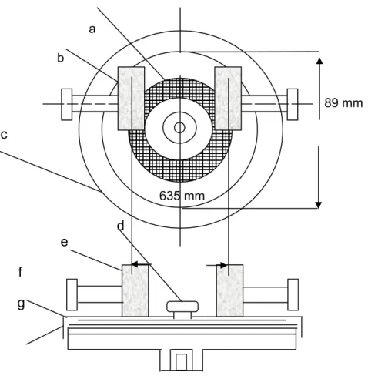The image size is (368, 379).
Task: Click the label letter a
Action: (x=92, y=29)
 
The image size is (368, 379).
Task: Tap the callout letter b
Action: (x=60, y=58)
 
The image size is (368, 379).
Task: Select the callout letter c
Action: (x=4, y=135)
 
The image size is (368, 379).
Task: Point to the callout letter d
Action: (x=121, y=226)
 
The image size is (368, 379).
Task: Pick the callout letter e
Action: (x=65, y=242)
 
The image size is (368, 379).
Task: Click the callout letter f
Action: (x=21, y=272)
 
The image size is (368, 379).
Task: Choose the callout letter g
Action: (x=21, y=304)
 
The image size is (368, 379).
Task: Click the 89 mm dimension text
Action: (x=343, y=103)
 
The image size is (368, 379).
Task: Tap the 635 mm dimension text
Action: (x=182, y=196)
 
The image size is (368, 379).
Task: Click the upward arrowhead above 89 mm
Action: (x=319, y=61)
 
